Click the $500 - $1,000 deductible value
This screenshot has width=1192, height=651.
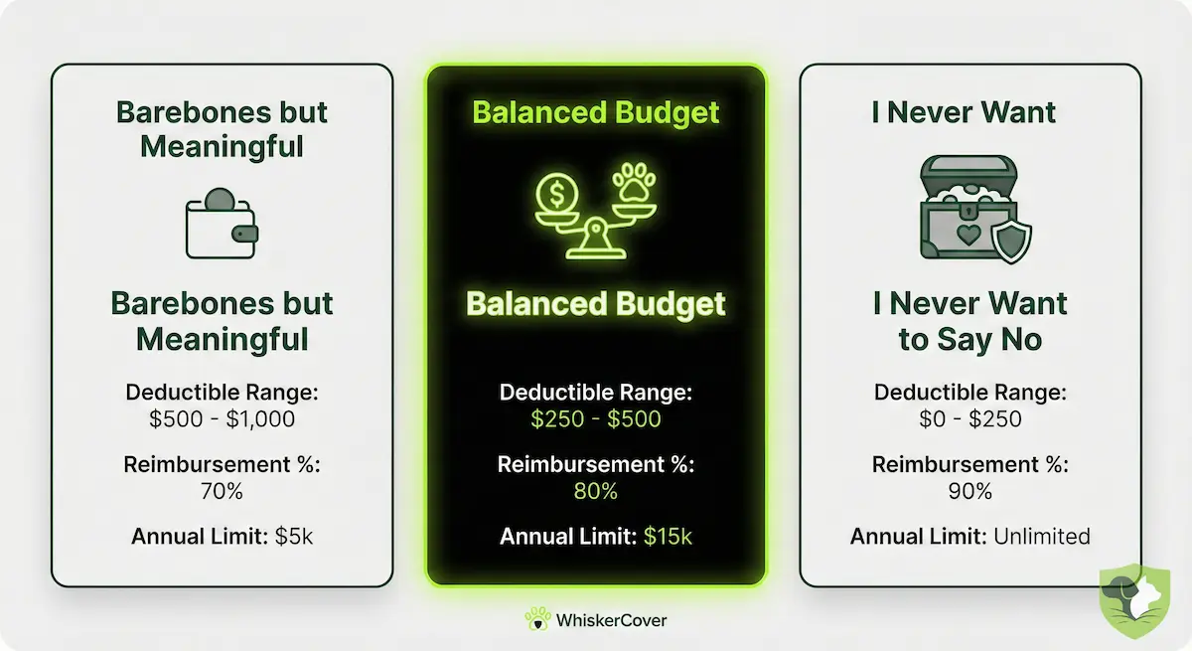(222, 418)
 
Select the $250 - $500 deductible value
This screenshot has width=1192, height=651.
(595, 418)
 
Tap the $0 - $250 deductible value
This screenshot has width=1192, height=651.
(969, 418)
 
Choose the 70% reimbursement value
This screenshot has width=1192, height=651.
(222, 491)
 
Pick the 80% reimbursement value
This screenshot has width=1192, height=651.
(595, 491)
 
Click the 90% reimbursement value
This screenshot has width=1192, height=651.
(969, 491)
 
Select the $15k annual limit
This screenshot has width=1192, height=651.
(668, 538)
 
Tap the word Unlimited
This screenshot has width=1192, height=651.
(1040, 538)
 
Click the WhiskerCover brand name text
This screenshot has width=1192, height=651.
(612, 620)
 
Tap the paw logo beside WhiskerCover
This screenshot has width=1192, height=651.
(537, 619)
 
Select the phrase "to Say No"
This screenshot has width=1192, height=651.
(969, 340)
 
